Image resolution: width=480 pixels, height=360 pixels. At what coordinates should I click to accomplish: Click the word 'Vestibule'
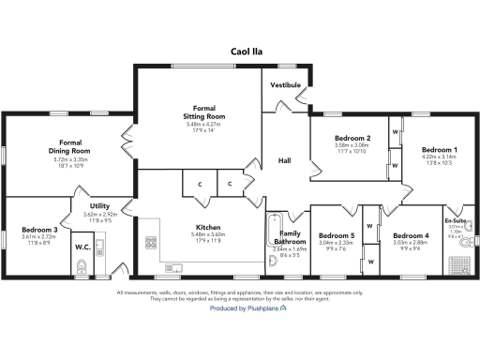(285, 85)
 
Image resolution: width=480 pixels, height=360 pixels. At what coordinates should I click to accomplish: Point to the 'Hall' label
(285, 160)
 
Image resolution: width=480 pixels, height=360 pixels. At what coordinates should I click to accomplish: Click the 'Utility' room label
(100, 205)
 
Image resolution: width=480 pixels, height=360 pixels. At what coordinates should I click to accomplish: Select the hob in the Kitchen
(150, 243)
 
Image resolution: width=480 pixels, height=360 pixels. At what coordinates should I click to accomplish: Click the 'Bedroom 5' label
(336, 235)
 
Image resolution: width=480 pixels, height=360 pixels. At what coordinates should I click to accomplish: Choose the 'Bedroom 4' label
(411, 235)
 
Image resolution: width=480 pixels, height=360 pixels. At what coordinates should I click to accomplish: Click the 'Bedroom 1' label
(439, 150)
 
